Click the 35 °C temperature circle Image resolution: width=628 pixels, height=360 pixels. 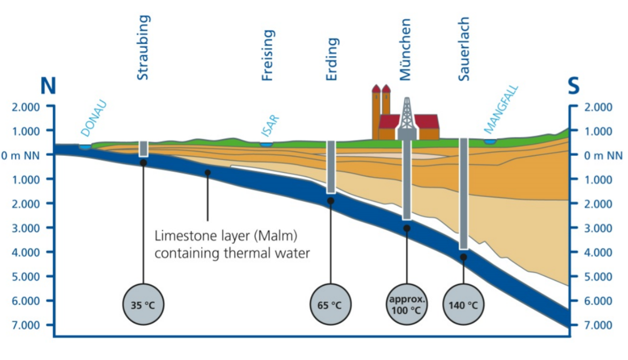point(143,306)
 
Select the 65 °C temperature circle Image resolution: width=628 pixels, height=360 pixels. point(330,306)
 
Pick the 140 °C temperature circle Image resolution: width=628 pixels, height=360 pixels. point(463,306)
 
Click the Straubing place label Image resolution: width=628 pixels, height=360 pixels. point(143,48)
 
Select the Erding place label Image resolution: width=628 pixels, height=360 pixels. point(332,59)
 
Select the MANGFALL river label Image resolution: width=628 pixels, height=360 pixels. point(501,110)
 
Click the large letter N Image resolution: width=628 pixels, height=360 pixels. point(48,87)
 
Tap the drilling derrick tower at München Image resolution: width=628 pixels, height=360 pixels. point(407,116)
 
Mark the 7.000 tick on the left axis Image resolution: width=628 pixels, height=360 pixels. point(26,325)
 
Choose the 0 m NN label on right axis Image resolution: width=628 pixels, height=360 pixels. point(603,155)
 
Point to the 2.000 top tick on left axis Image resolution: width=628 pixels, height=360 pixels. point(26,107)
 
